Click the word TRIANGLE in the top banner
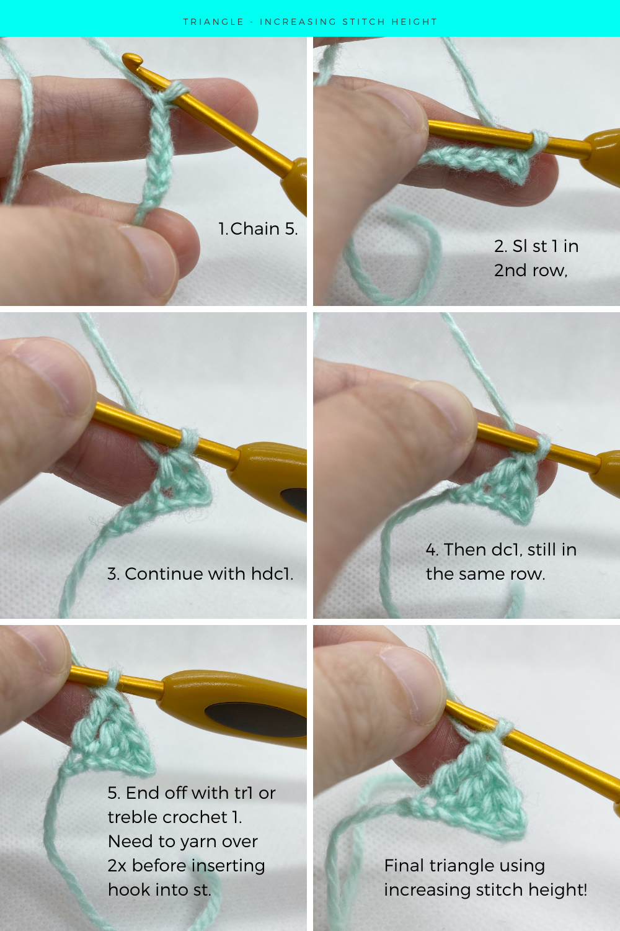[213, 22]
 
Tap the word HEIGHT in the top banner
[414, 22]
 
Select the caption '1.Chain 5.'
[258, 229]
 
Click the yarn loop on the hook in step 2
[539, 140]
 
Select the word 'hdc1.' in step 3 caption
[272, 574]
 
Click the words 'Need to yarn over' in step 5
[182, 842]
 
